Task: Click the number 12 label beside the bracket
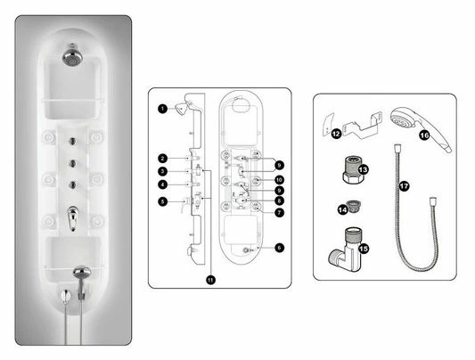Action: pyautogui.click(x=335, y=135)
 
